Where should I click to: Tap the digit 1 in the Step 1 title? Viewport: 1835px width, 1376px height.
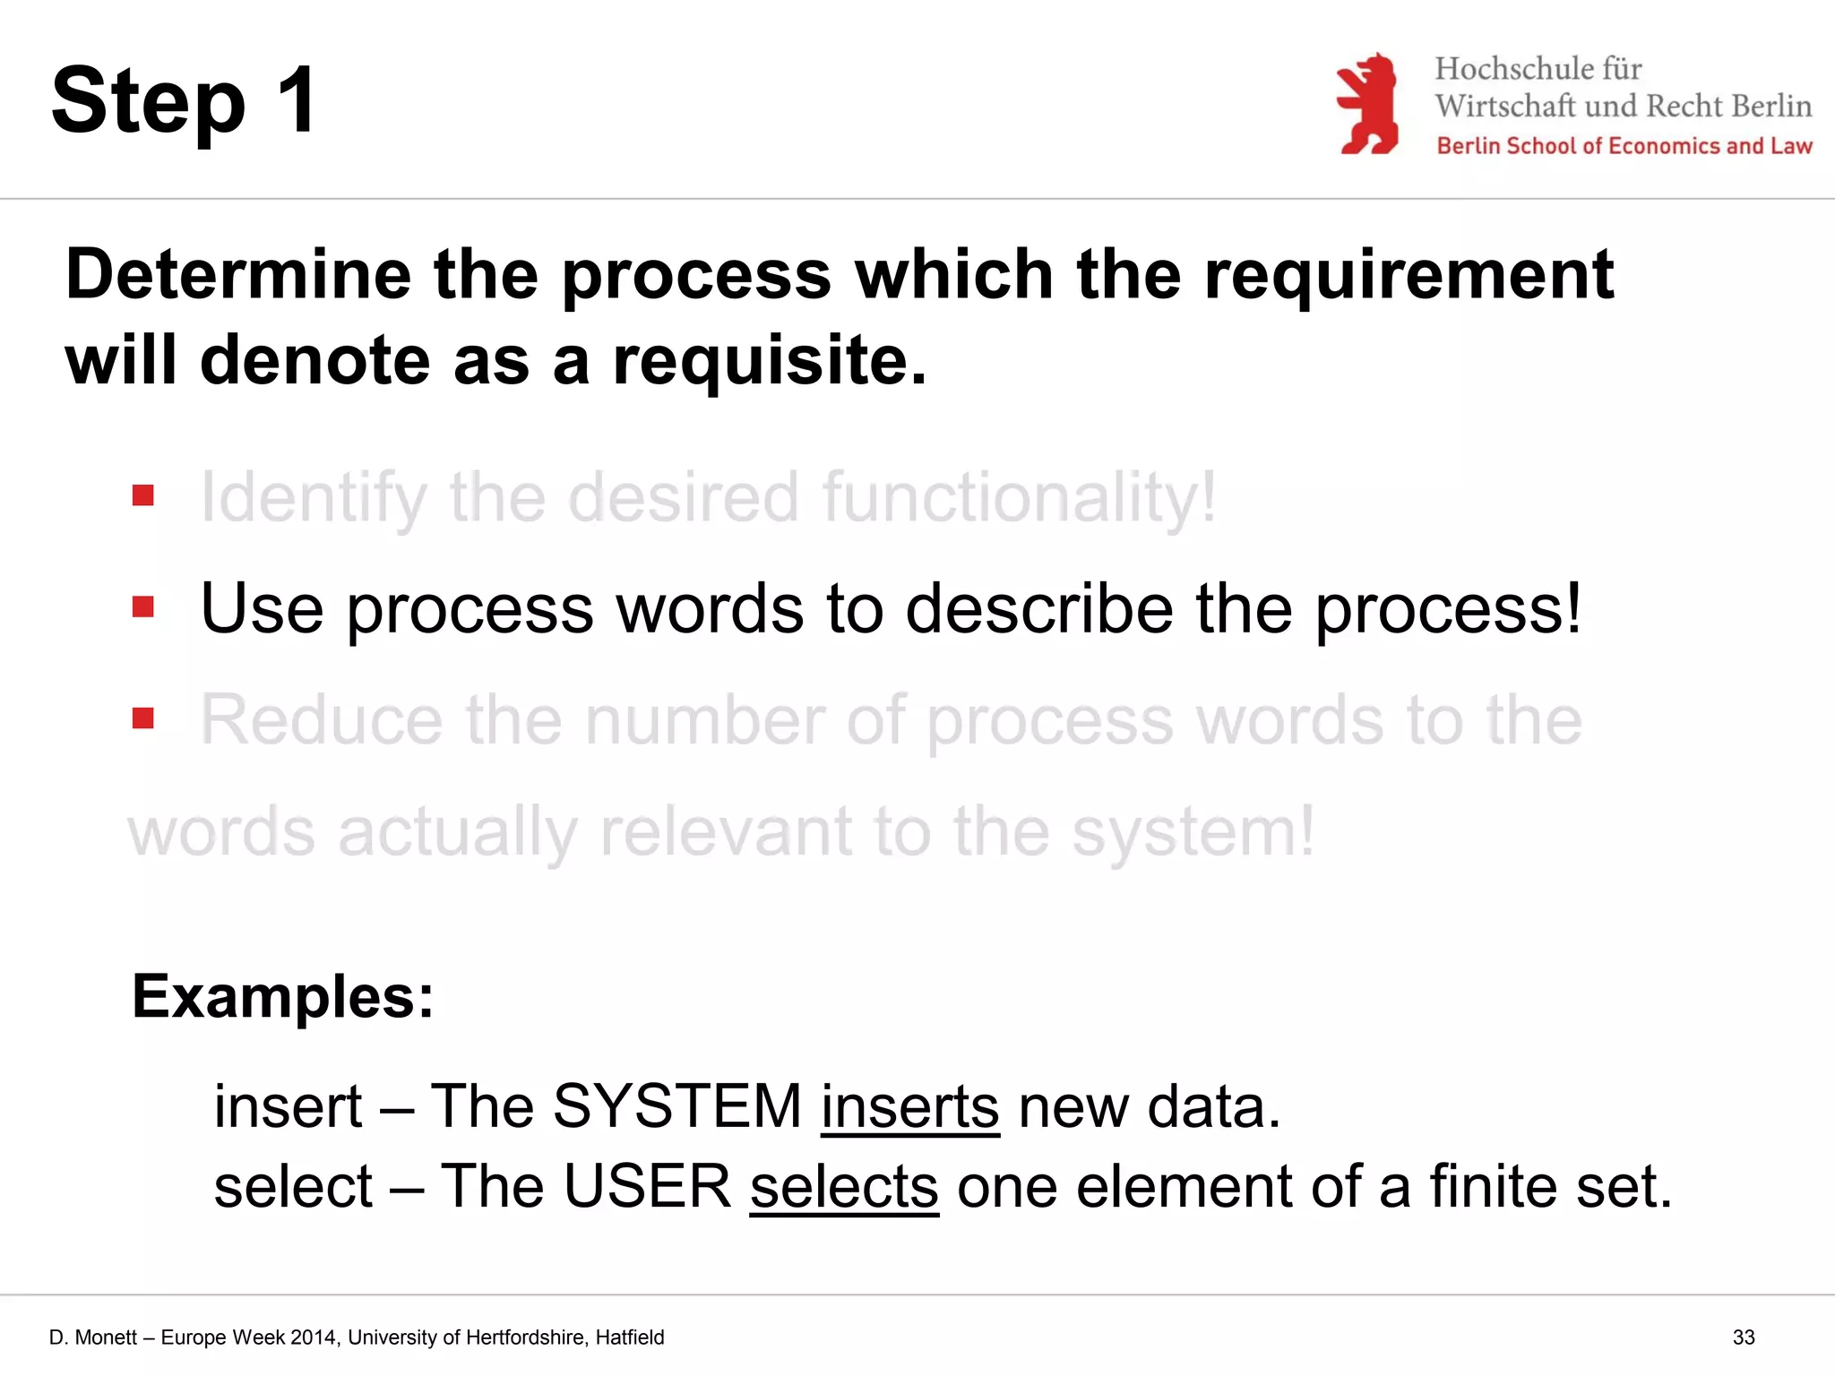297,99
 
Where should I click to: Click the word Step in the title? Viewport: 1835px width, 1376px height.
149,103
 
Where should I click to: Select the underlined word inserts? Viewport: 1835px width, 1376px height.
909,1106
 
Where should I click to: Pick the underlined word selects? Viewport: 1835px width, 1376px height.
844,1186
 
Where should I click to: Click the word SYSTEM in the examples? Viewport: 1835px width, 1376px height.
677,1106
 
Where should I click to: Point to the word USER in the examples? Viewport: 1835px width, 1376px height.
647,1186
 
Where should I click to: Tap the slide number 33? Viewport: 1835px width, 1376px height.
1744,1337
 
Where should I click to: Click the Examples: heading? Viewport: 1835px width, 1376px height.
283,996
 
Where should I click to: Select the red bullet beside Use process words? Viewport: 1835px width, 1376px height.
143,607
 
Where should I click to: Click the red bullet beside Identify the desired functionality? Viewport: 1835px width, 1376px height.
143,495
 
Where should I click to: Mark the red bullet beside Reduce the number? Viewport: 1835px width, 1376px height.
143,718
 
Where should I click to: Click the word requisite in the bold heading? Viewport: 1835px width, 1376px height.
769,361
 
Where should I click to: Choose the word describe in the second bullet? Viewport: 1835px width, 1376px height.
1039,609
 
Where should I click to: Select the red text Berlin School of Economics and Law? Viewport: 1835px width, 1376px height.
1624,146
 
